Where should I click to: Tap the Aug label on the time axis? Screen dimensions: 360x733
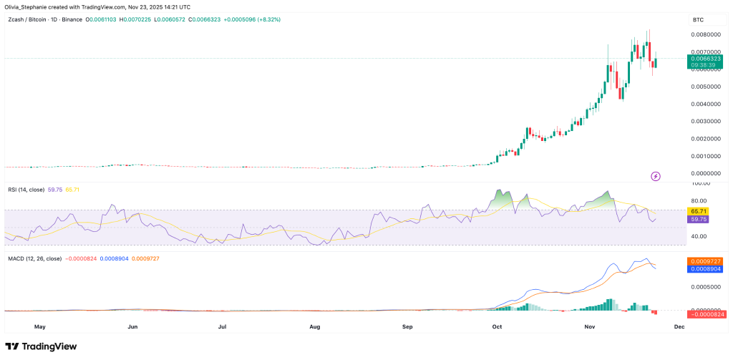pyautogui.click(x=315, y=326)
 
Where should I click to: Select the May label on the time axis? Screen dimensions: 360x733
pyautogui.click(x=40, y=326)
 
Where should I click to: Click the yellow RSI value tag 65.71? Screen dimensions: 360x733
pyautogui.click(x=698, y=212)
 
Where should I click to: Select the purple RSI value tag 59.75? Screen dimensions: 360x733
pyautogui.click(x=698, y=220)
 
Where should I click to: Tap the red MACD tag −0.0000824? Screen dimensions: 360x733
pyautogui.click(x=707, y=314)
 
